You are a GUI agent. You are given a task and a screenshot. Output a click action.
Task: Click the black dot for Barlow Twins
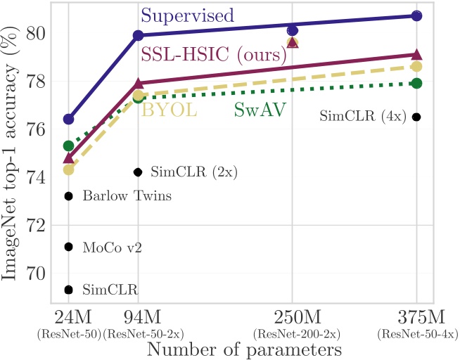pos(68,196)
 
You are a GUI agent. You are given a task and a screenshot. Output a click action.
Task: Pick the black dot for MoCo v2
pos(68,247)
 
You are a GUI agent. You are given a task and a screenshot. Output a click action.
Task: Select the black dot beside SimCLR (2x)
pos(138,172)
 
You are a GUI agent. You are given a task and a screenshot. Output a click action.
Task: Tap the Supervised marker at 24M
pos(68,119)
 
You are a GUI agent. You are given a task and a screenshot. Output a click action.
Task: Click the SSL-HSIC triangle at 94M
pos(138,83)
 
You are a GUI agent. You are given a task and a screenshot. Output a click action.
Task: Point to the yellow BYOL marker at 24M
pos(68,169)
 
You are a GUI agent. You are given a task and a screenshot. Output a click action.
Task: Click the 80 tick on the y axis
pos(36,34)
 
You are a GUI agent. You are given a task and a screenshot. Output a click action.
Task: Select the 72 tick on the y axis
pos(36,226)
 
